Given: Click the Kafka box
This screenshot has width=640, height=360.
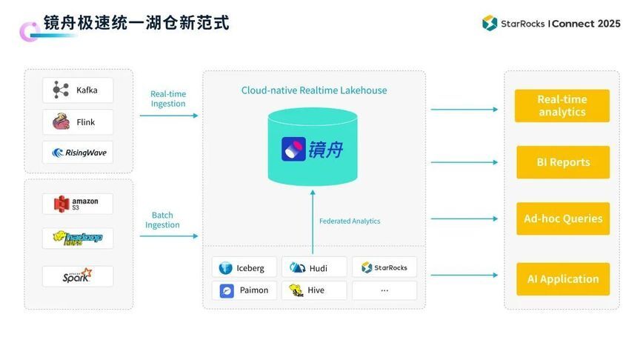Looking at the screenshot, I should [x=78, y=90].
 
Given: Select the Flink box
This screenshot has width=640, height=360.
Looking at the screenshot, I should [x=78, y=122].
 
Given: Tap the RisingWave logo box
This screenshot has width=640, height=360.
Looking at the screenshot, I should [x=78, y=153].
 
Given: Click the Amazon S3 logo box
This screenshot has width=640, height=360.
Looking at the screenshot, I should [x=78, y=204].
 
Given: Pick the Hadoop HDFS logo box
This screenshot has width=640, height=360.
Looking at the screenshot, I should [x=78, y=238].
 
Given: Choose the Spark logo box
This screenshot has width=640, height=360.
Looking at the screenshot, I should [x=78, y=276].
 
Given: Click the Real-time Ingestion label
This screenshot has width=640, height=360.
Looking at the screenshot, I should [x=168, y=99].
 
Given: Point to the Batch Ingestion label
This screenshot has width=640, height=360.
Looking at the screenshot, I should [x=162, y=220].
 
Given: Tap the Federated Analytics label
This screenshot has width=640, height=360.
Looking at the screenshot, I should [x=350, y=221].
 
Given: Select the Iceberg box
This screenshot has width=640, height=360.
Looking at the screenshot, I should [x=244, y=267].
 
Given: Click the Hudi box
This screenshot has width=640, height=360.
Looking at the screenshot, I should [x=314, y=267].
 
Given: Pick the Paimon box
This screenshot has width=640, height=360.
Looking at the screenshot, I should [x=244, y=290].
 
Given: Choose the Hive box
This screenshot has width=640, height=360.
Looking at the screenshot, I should [x=314, y=290].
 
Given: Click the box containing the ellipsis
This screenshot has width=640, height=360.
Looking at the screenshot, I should [x=384, y=290].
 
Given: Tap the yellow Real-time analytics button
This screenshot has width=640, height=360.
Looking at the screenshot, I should [x=562, y=106].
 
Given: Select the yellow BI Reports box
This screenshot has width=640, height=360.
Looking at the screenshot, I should [x=563, y=162].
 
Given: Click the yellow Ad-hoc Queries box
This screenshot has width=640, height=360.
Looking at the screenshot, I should [x=563, y=219].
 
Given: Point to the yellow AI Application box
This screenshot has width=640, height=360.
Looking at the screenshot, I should [x=563, y=279].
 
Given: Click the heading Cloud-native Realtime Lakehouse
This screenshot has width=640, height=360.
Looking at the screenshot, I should [x=314, y=90].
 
